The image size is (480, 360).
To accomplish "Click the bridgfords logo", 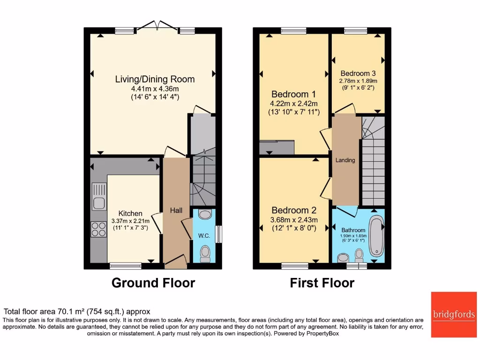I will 454,315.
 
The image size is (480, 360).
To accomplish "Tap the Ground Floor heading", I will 153,283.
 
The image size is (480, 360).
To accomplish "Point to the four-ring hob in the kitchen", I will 99,230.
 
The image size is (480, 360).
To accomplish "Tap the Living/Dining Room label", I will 155,79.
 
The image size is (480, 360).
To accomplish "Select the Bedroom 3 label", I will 358,73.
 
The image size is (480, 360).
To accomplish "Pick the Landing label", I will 345,160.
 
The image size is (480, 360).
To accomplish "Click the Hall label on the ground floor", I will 176,211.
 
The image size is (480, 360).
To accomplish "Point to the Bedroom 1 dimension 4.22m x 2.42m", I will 294,104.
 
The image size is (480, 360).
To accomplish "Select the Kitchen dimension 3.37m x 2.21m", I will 130,221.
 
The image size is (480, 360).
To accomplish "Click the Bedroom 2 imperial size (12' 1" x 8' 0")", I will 294,228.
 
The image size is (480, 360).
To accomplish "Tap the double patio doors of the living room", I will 158,26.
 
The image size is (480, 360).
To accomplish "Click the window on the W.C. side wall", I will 218,234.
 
